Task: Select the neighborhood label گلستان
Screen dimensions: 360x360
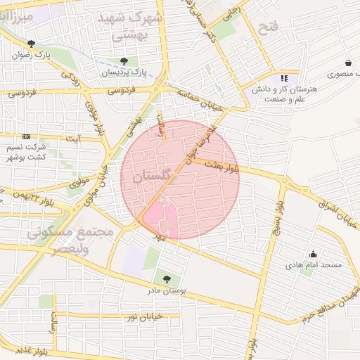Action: click(x=151, y=180)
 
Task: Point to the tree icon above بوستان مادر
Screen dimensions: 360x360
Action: click(x=166, y=279)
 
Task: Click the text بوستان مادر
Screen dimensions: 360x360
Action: click(x=165, y=291)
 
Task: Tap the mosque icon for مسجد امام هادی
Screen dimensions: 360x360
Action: click(x=313, y=254)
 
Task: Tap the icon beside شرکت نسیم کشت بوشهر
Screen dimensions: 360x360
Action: click(x=26, y=136)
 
